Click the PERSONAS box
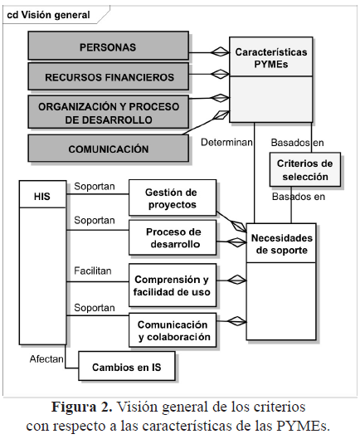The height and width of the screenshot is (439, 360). (x=108, y=46)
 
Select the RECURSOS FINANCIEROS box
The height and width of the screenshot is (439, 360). (x=108, y=76)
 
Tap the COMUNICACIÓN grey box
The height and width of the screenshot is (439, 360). (x=108, y=149)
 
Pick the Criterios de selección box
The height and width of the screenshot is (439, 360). (x=305, y=169)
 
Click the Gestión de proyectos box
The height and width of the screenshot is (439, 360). (x=173, y=198)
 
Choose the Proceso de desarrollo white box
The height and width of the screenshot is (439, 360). (x=173, y=237)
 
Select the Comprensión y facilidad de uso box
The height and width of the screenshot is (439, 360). (x=173, y=285)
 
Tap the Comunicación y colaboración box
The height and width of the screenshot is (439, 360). (x=173, y=329)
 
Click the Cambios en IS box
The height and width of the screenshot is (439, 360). (x=127, y=366)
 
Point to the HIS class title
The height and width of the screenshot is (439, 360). (x=42, y=197)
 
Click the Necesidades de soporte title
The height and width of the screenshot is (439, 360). (x=282, y=244)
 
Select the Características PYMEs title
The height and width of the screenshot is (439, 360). (x=271, y=58)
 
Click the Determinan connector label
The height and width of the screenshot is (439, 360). (x=226, y=142)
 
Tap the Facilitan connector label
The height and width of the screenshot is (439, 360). (x=93, y=271)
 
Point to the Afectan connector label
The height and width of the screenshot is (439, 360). (x=46, y=359)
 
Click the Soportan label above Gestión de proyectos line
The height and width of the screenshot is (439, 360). (x=95, y=186)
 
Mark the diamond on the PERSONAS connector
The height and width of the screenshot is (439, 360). (x=220, y=52)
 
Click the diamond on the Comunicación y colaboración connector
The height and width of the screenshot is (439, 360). (x=237, y=321)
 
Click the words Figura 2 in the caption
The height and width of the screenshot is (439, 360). (x=82, y=407)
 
